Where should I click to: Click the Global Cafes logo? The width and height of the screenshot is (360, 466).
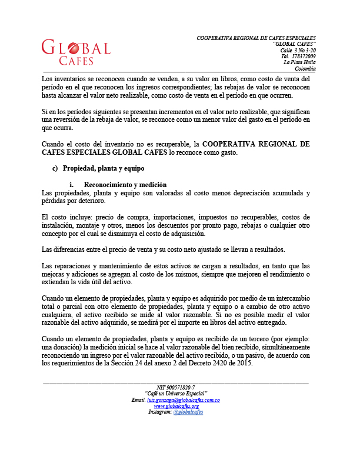[x=76, y=52]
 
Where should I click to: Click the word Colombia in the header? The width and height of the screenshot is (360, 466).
[x=305, y=68]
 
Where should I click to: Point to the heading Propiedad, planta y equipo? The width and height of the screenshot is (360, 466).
[x=104, y=168]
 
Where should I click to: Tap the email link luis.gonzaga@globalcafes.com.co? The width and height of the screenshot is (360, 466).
[x=183, y=400]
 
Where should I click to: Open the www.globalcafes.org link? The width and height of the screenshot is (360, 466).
[x=176, y=406]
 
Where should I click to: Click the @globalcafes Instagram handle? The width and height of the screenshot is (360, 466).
[x=189, y=412]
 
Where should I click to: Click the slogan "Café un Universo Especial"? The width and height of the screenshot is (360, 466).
[x=176, y=394]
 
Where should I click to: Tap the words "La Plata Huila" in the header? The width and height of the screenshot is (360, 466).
[x=299, y=62]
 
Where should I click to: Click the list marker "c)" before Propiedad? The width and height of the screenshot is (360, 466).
[x=56, y=168]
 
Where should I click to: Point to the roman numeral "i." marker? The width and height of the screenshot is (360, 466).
[x=72, y=185]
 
